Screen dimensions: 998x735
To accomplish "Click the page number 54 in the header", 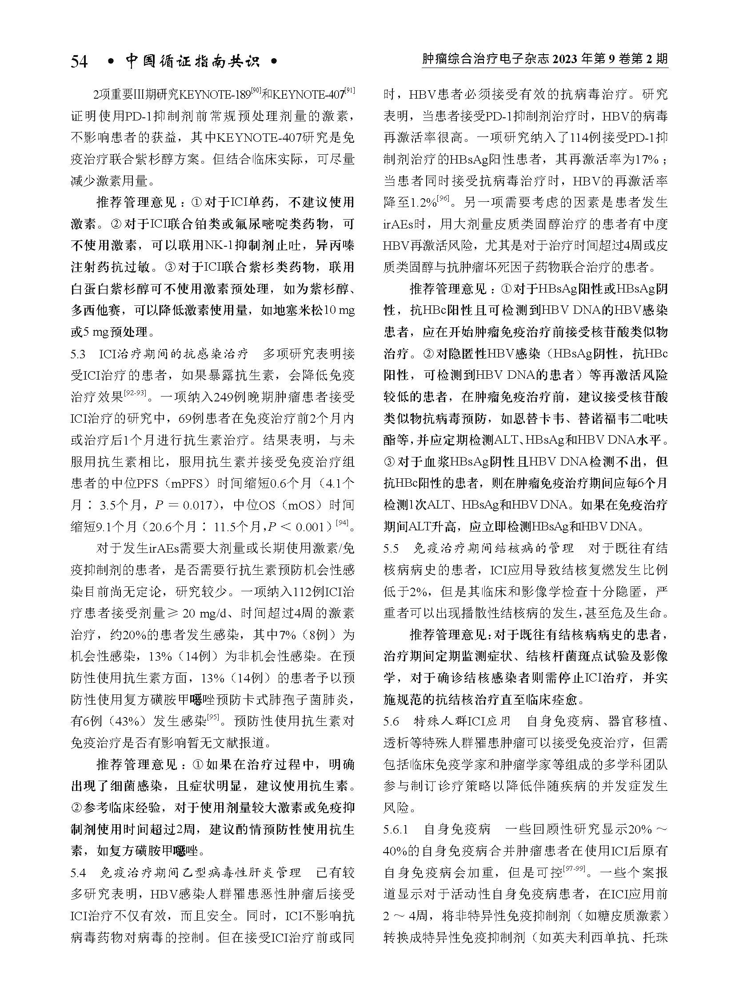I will tap(79, 61).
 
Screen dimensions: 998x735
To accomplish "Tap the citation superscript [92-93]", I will tap(135, 393).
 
